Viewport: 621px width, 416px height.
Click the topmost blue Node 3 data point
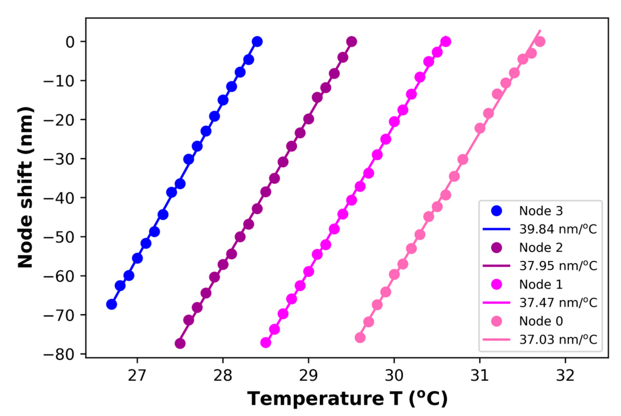coord(257,42)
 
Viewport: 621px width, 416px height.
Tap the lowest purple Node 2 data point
coord(180,343)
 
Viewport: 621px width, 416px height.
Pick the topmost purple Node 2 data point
coord(351,42)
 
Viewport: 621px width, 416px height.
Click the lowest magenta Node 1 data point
coord(266,343)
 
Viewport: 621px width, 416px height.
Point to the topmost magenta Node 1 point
coord(446,42)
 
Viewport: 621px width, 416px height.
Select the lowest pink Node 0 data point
coord(360,338)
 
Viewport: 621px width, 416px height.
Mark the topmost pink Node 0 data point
coord(540,42)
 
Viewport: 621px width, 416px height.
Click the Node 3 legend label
coord(541,211)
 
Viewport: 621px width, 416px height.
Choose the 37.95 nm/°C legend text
coord(558,266)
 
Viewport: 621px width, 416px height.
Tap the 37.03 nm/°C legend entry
coord(558,340)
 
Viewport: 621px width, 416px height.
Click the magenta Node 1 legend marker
coord(497,284)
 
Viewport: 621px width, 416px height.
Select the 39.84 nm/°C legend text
coord(558,229)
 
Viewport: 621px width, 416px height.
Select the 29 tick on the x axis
coord(308,375)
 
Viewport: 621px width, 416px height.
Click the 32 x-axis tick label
coord(565,375)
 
